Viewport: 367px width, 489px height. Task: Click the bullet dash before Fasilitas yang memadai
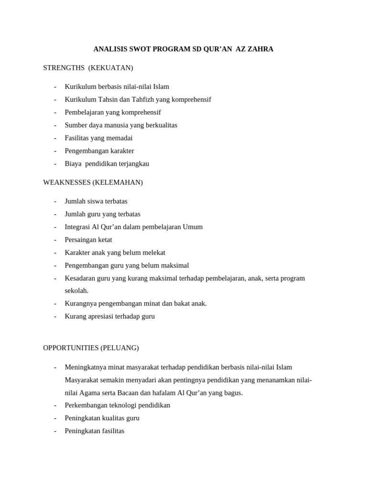coord(55,138)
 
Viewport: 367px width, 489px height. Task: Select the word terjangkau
coord(132,163)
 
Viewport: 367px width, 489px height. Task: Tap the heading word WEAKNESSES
coord(67,182)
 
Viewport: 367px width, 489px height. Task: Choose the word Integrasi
coord(78,227)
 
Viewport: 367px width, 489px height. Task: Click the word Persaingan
coord(80,240)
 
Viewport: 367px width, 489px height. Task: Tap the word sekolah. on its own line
coord(77,291)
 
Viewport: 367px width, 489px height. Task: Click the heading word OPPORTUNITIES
coord(71,348)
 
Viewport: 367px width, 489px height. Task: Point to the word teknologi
coord(122,405)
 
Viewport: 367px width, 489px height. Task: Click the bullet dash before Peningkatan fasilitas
coord(55,431)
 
